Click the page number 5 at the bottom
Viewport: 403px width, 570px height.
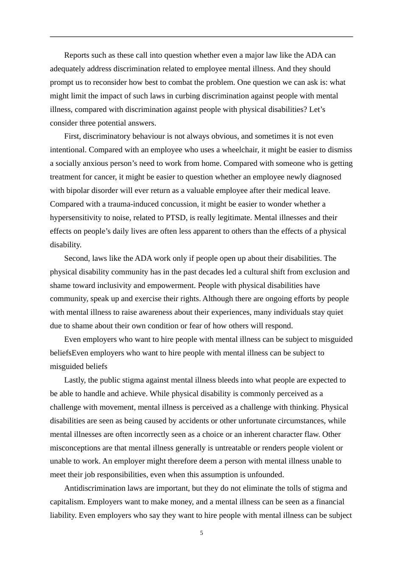pos(201,533)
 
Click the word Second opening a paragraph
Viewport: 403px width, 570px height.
pos(76,258)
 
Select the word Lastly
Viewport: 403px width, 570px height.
pos(75,380)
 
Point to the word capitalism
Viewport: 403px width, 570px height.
pos(67,502)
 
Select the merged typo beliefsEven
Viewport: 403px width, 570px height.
pos(69,353)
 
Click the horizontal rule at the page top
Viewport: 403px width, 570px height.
pos(201,37)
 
